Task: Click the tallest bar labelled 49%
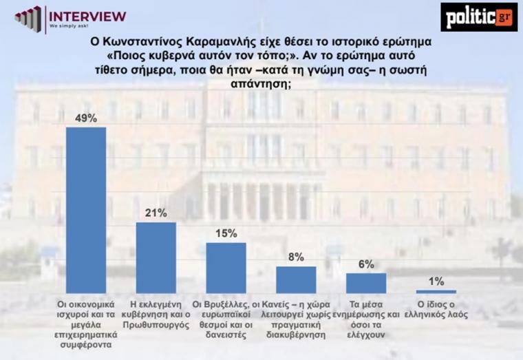(86, 210)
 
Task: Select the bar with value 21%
(156, 257)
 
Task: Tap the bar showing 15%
(226, 268)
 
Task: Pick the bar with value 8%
(296, 279)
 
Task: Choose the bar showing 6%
(366, 283)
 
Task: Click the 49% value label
(86, 118)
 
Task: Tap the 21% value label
(156, 213)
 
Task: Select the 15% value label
(226, 234)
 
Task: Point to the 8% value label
(296, 257)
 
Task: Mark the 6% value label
(366, 264)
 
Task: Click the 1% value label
(436, 281)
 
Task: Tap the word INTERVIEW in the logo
(88, 15)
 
